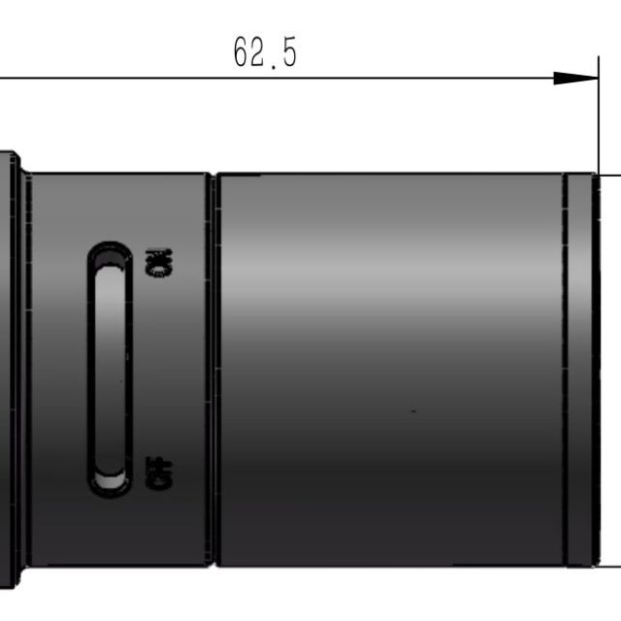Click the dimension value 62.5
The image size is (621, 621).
tap(265, 52)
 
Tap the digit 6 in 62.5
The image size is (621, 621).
tap(242, 51)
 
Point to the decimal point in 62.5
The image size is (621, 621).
tap(274, 68)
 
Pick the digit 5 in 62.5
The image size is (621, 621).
tap(289, 51)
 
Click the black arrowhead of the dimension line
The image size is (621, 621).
tap(575, 78)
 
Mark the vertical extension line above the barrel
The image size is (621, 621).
tap(599, 114)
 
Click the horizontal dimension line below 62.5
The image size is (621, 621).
tap(299, 78)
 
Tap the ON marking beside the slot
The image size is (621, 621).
tap(159, 263)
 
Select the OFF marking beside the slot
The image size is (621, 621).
tap(159, 473)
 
